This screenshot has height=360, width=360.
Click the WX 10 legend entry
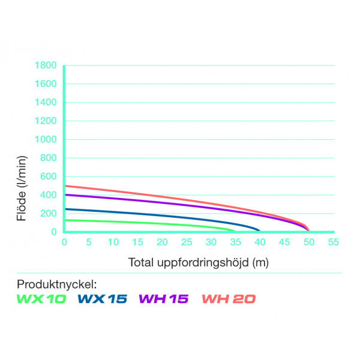[x=41, y=298]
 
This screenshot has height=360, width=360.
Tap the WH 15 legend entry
[x=163, y=298]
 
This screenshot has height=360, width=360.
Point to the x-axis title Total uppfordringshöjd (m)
[x=197, y=262]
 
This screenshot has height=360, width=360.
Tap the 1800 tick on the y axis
[x=46, y=65]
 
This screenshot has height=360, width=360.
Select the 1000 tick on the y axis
[x=46, y=140]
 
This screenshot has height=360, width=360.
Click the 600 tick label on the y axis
[x=48, y=177]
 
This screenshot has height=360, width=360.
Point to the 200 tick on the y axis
[x=48, y=214]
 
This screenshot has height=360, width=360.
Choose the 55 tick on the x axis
[x=333, y=242]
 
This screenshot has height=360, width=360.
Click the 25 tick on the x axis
[x=187, y=242]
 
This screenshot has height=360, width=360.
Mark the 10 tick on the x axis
[x=113, y=242]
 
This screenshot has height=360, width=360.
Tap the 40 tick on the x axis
[x=260, y=242]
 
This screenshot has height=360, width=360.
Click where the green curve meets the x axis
[x=235, y=232]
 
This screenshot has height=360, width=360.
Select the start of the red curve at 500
[x=65, y=186]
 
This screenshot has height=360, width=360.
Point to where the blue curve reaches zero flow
[x=260, y=232]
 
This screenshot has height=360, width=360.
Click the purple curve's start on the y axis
[x=65, y=195]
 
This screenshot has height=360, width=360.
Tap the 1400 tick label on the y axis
[x=46, y=103]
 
